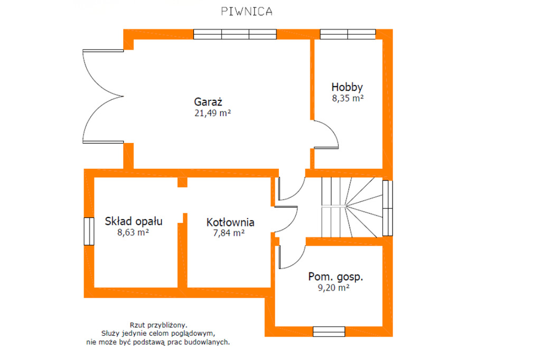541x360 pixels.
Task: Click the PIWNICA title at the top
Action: (246, 12)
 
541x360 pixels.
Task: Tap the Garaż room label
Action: (208, 102)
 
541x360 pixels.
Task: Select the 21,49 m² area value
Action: (212, 113)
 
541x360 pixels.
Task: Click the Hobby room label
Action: (347, 87)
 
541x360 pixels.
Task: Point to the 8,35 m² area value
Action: (348, 98)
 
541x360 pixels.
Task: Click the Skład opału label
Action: (134, 221)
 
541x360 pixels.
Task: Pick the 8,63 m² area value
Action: (133, 232)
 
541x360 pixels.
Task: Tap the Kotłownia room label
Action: (230, 222)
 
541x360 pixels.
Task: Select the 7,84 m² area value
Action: (229, 233)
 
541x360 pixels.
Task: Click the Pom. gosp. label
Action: (335, 277)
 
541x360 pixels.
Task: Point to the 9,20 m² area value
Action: (334, 288)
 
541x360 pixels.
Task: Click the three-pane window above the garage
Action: (235, 34)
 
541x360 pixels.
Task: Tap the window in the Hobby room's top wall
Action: (348, 34)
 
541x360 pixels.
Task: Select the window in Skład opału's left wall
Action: (89, 231)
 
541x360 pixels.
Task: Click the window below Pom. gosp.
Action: (329, 331)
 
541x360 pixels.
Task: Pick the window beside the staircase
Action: (387, 209)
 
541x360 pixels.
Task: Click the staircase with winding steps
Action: (352, 207)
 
